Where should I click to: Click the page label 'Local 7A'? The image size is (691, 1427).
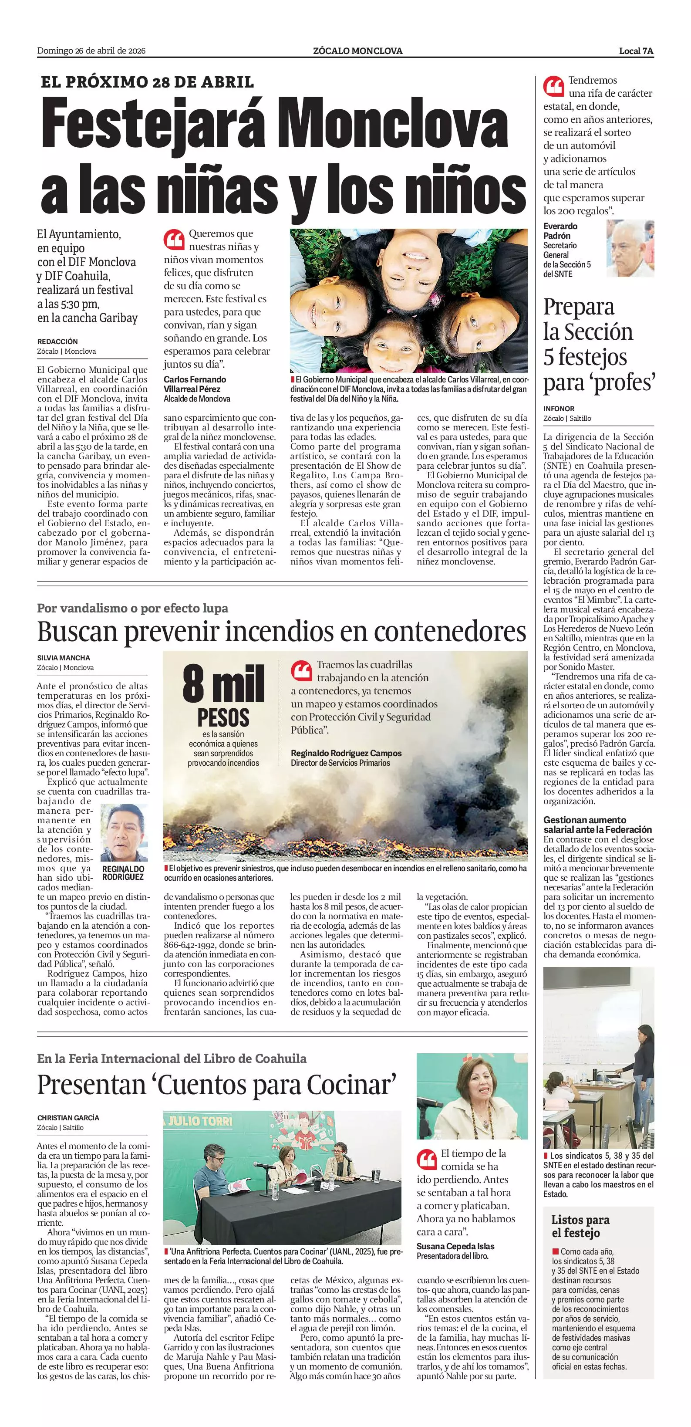[x=636, y=51]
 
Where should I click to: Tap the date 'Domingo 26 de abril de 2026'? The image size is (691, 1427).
[x=91, y=51]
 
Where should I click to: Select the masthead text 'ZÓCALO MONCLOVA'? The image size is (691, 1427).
[x=357, y=51]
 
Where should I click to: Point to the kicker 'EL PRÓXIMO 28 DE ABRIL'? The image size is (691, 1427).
[x=147, y=82]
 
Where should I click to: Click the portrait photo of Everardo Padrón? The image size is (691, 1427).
[x=630, y=248]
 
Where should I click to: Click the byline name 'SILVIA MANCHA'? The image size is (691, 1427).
[x=64, y=658]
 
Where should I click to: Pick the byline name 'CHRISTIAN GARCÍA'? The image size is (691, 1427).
[x=68, y=1118]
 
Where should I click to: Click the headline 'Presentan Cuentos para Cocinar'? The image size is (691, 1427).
[x=217, y=1085]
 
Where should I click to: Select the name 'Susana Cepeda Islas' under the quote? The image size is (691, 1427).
[x=455, y=1246]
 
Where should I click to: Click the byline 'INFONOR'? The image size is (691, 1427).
[x=559, y=408]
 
